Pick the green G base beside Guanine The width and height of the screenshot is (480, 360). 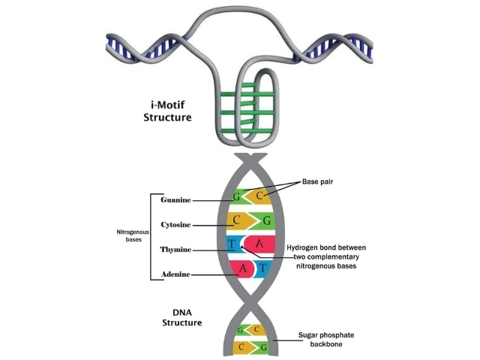(237, 198)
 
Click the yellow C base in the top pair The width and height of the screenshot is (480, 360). (259, 196)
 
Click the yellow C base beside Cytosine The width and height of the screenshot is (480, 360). (238, 221)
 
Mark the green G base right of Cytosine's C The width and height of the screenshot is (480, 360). (264, 221)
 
